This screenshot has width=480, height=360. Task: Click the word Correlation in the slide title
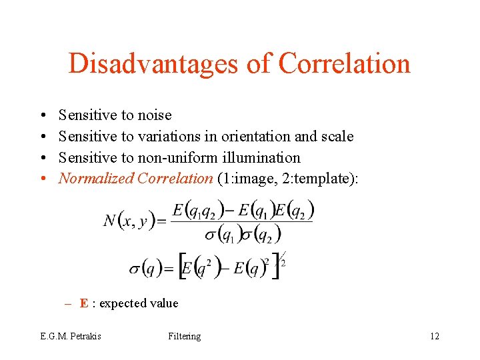coord(344,64)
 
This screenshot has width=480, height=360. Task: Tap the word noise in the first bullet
coord(155,115)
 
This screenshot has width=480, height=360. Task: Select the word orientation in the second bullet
coord(255,137)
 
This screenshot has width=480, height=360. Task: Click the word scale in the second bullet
coord(337,137)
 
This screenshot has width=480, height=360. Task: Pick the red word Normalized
coord(96,179)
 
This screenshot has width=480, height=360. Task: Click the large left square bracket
coord(180,267)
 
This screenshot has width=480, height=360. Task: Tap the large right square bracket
coord(275,267)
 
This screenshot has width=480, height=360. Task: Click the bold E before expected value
coord(84,303)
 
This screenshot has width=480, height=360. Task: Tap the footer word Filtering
coord(185,336)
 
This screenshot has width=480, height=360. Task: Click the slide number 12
coord(435,336)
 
